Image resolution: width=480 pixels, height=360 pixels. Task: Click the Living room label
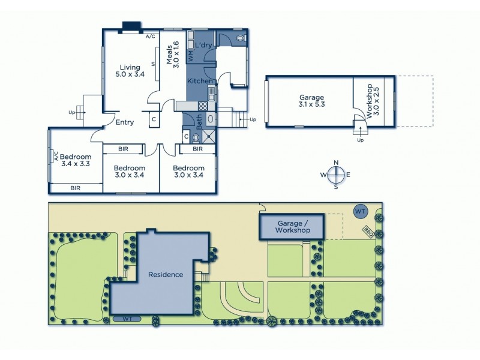click(130, 71)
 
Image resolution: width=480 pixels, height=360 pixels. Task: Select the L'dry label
click(202, 46)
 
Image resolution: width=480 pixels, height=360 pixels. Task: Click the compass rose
click(336, 175)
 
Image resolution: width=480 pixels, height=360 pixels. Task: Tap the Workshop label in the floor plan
click(373, 99)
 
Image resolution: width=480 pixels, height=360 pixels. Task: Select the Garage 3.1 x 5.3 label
click(311, 101)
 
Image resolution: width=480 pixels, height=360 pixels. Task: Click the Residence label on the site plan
click(166, 274)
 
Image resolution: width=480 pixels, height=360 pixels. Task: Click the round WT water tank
click(360, 211)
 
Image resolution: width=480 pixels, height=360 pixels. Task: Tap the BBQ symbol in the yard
click(367, 232)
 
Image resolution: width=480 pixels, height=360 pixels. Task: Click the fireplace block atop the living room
click(131, 26)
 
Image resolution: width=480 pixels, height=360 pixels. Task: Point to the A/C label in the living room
click(150, 36)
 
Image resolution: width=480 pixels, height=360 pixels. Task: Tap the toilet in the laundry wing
click(241, 38)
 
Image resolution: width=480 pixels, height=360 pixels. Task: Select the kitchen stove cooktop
click(203, 106)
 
